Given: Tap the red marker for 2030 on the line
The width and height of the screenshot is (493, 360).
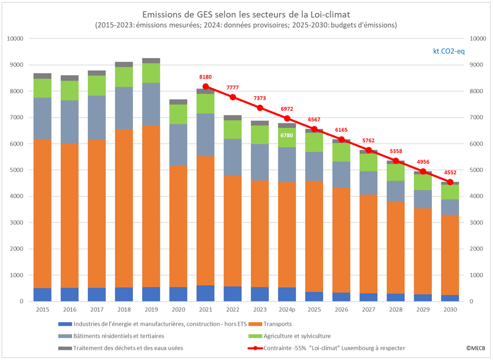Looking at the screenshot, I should tap(451, 182).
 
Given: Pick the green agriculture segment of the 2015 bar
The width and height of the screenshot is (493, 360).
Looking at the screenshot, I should tap(42, 88).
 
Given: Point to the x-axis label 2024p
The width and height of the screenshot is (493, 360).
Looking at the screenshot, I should tap(287, 309).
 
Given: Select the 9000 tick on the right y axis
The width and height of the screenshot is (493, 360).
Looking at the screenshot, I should tap(478, 65).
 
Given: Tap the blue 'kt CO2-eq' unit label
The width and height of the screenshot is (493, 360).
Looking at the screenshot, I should tap(449, 51).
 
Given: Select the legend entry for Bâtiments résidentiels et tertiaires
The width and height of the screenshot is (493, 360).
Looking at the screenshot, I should tap(119, 336).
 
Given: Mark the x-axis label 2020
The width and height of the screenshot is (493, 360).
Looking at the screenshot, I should tap(178, 309).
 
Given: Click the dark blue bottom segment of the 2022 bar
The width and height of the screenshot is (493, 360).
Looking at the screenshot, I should tap(233, 294).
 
